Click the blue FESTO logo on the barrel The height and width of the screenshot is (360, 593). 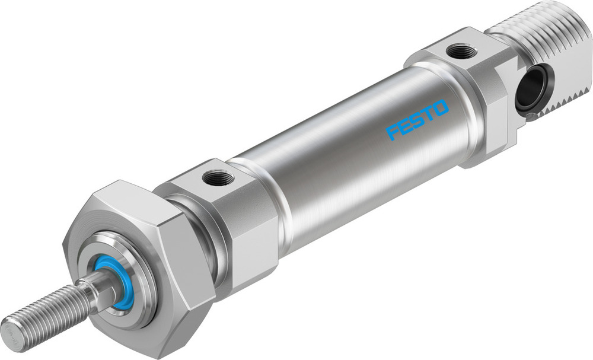417,120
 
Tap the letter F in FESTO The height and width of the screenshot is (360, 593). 392,132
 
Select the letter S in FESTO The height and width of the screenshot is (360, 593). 417,120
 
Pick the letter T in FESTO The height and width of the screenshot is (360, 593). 429,114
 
